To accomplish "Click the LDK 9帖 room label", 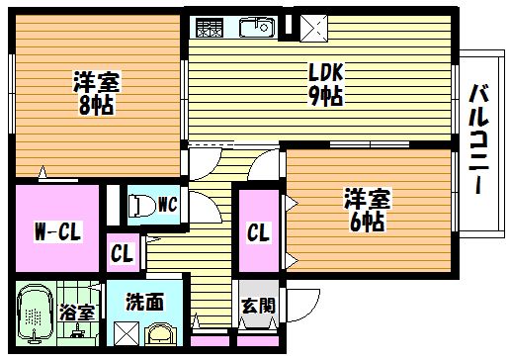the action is click(x=325, y=84).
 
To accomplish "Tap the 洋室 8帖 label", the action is click(x=96, y=93).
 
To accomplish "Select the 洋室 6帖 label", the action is click(x=367, y=210).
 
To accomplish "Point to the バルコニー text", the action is click(x=478, y=138).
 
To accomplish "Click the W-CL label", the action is click(x=57, y=231).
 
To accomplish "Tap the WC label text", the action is click(x=168, y=205).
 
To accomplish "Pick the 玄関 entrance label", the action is click(x=258, y=306).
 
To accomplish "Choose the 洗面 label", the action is click(x=144, y=302).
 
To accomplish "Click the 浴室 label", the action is click(x=77, y=312).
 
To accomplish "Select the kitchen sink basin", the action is click(x=257, y=28).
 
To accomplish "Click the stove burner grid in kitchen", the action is click(x=210, y=28).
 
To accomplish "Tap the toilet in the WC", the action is click(x=141, y=207).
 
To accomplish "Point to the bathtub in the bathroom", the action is click(x=35, y=313).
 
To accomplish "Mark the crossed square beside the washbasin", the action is click(x=127, y=333).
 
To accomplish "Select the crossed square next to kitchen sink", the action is click(x=313, y=29).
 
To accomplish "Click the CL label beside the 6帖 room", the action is click(x=259, y=232).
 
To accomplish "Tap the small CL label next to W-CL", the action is click(x=123, y=253).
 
